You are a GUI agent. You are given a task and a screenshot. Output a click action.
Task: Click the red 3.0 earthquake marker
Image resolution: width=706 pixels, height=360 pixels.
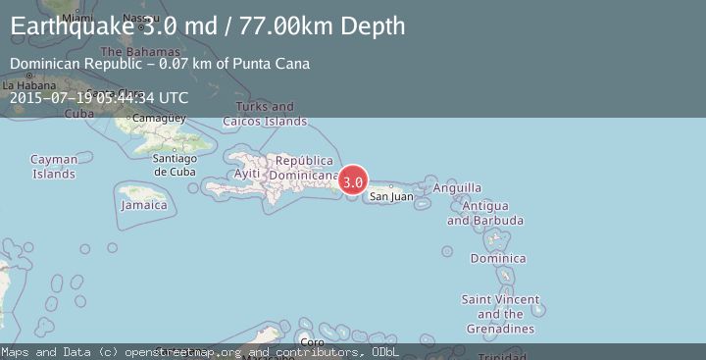(353, 181)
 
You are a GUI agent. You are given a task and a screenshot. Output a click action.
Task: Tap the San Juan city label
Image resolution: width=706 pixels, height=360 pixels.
(390, 197)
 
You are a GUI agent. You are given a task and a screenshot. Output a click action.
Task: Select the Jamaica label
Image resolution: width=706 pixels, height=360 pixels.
(144, 206)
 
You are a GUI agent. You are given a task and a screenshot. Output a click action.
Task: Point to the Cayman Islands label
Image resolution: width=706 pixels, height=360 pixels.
(53, 167)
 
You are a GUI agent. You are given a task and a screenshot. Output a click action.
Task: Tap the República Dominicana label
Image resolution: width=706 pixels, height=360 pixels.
(307, 168)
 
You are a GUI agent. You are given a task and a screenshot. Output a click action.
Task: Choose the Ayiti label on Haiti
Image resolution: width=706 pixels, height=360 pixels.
(247, 174)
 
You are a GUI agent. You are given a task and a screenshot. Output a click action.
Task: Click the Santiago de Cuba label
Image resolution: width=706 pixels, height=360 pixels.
(183, 165)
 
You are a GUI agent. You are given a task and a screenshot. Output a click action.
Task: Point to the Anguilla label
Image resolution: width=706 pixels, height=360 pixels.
(457, 187)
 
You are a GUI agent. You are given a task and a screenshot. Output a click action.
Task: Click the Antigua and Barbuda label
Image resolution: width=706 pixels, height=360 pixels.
(478, 213)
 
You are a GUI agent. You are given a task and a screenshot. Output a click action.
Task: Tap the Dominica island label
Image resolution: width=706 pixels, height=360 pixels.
(498, 259)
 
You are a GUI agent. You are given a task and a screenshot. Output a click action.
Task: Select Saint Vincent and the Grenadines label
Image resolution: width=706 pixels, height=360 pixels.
(500, 314)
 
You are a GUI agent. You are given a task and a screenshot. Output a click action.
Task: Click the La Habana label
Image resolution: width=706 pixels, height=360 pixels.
(26, 85)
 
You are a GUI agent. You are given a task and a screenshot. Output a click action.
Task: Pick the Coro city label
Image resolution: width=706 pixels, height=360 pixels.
(312, 341)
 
